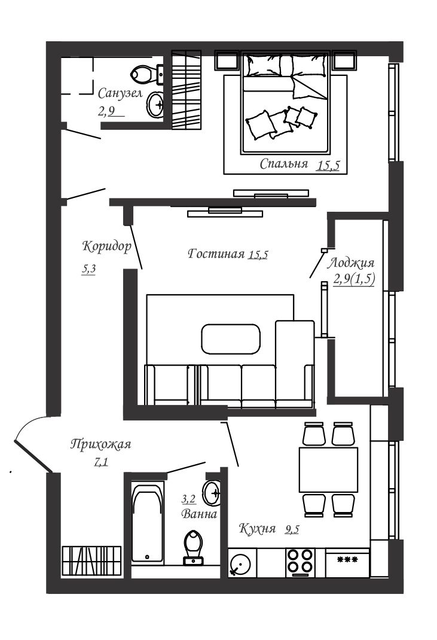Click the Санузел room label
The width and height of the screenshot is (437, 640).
point(120,93)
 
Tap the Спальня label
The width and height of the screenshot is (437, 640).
point(284,164)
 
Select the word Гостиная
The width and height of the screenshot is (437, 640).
point(216,254)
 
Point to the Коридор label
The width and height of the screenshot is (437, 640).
point(107,246)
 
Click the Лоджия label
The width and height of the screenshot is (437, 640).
point(351,263)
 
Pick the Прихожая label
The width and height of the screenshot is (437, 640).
point(101,444)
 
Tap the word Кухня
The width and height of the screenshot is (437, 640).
point(257,529)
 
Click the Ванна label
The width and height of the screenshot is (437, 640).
point(199,514)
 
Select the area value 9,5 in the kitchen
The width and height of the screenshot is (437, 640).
point(292,529)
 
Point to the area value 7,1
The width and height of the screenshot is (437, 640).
point(101,462)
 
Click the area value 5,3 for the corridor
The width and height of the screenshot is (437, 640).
point(88,269)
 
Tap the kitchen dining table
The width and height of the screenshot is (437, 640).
point(328,470)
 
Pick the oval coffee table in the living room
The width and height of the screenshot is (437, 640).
point(231,339)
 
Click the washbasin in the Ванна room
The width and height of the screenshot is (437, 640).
point(212,492)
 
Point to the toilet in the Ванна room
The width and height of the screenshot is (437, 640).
point(194,547)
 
